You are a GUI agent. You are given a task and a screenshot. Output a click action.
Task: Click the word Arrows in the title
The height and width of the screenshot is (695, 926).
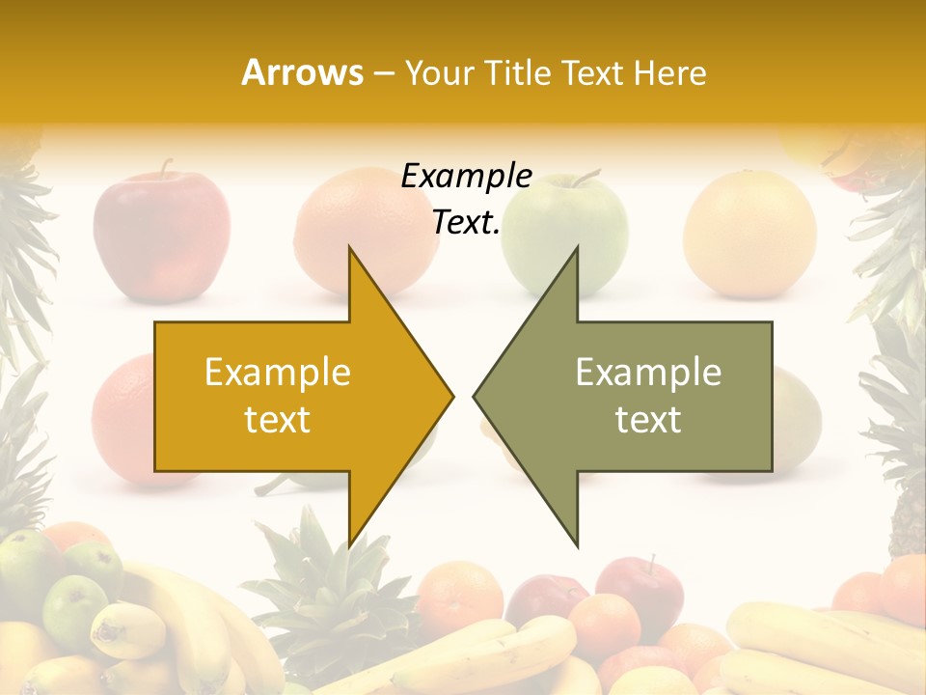point(302,72)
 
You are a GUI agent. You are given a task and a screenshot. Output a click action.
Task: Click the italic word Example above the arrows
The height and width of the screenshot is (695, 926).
point(466,176)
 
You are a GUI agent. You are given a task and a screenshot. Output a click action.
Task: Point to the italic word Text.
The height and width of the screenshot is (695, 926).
point(466,223)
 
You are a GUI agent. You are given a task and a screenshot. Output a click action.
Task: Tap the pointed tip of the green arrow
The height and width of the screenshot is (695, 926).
point(477,396)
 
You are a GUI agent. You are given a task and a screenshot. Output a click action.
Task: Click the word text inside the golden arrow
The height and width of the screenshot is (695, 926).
point(277,420)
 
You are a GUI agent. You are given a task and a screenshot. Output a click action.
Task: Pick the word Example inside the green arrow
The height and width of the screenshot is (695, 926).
point(648,373)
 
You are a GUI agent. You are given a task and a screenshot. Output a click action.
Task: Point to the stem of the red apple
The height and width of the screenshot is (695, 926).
point(167,168)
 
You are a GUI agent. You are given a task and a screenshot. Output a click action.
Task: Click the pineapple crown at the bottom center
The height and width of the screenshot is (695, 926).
point(318,579)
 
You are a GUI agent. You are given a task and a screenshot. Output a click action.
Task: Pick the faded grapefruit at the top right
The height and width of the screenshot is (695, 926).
point(749,232)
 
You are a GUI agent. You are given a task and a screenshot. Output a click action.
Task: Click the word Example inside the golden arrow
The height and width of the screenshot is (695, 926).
point(277,373)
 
